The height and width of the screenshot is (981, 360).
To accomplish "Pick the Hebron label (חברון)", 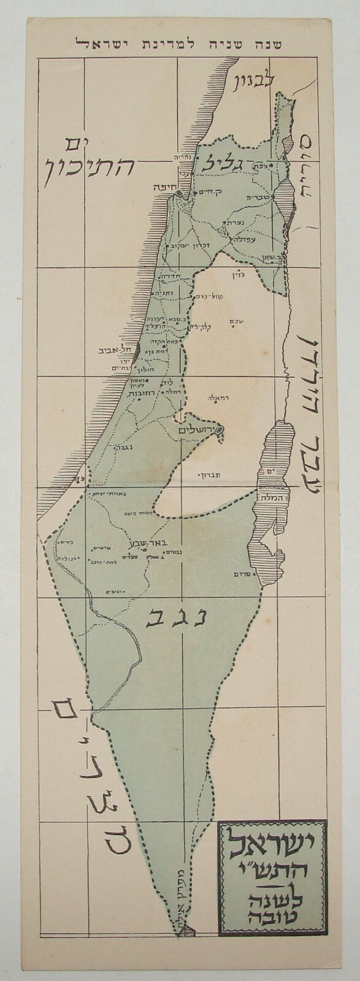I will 204,475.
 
